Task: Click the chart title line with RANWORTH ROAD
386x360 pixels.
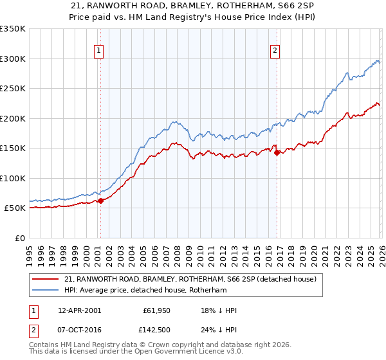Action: (x=193, y=5)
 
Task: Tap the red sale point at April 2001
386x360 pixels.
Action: (x=100, y=201)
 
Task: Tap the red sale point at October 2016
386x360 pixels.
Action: (x=277, y=153)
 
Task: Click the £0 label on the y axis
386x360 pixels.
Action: (x=20, y=238)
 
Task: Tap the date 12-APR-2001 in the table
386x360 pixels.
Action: (x=79, y=310)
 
